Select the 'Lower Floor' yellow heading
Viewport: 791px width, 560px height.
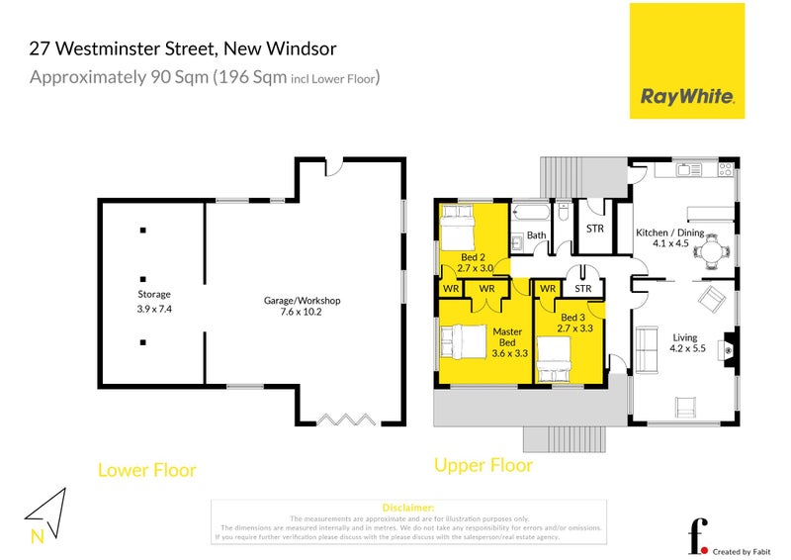pos(146,470)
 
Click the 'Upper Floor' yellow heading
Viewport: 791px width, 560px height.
pos(483,465)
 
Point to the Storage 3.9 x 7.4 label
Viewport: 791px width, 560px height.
pos(153,302)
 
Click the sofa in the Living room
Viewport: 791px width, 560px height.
pos(649,348)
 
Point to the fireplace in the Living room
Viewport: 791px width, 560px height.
pos(729,348)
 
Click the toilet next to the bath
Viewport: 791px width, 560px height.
pos(562,211)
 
